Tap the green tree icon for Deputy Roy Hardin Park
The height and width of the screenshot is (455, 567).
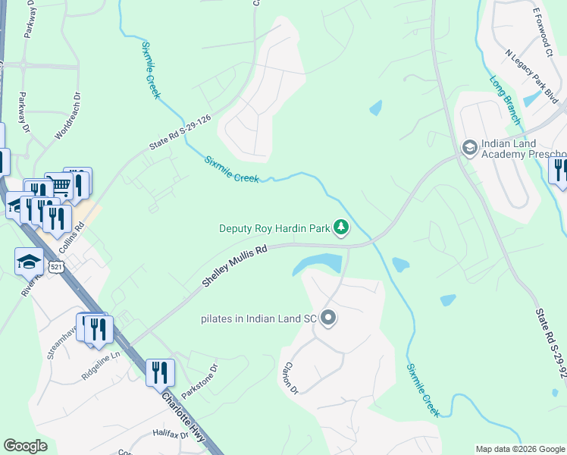click(342, 227)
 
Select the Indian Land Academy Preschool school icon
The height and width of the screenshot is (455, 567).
click(469, 146)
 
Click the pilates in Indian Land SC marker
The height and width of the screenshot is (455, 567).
click(328, 318)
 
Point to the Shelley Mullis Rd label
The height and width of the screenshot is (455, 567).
click(235, 265)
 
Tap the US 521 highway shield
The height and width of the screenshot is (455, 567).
click(55, 266)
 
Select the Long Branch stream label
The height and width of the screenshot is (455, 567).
click(505, 100)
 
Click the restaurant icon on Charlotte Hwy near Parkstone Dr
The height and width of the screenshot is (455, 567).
click(160, 373)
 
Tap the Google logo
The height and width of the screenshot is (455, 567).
click(25, 446)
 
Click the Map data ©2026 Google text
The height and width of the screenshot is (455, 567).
click(520, 449)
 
